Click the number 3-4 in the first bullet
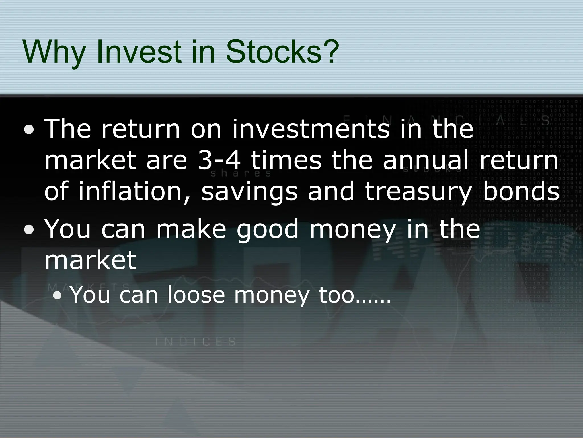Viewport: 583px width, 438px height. (x=219, y=160)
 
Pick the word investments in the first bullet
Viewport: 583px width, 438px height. (x=310, y=129)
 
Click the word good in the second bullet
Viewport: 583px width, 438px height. (x=268, y=230)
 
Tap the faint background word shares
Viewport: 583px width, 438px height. (x=241, y=174)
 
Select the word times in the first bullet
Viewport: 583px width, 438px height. (x=286, y=160)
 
